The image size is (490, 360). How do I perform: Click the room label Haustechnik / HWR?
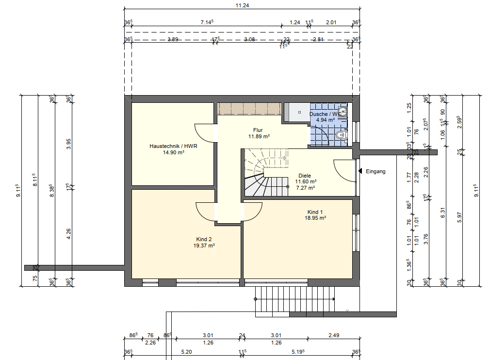pos(173,146)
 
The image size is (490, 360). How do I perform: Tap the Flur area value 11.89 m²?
pos(259,137)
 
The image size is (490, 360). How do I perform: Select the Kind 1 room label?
pos(315,212)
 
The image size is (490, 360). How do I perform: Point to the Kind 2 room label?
pos(204,239)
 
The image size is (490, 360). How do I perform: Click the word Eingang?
pos(376,171)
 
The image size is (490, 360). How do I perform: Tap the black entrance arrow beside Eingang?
pos(360,171)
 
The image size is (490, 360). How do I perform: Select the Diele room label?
pos(305,176)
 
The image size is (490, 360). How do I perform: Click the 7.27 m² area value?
pos(305,188)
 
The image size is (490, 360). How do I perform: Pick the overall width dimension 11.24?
pos(242,5)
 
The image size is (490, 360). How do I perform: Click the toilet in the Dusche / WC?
pos(342,134)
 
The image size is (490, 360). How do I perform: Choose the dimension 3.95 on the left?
pos(69,144)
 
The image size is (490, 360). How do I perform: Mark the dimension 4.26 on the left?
pos(69,233)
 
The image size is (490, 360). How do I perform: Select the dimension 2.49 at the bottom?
pos(333,335)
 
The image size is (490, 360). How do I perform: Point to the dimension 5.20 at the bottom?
pos(186,352)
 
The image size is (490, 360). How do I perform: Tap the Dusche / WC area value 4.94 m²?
pos(325,119)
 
